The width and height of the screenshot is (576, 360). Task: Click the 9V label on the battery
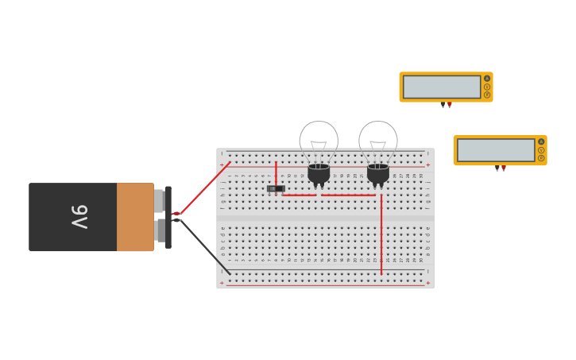tap(79, 217)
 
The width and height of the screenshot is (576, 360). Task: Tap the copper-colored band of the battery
tap(134, 217)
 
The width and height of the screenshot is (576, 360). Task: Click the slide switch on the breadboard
tap(275, 189)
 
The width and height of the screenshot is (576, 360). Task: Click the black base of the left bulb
tap(319, 173)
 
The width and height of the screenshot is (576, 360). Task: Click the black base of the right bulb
tap(378, 173)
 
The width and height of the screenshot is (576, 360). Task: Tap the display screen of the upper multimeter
tap(442, 87)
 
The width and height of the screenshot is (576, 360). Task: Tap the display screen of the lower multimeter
tap(496, 149)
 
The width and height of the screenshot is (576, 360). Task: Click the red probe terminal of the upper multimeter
tap(450, 105)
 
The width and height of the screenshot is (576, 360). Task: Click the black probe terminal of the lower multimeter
tap(497, 168)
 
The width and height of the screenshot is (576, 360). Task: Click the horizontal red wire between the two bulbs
tap(348, 195)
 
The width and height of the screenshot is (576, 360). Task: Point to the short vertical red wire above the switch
tap(276, 172)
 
